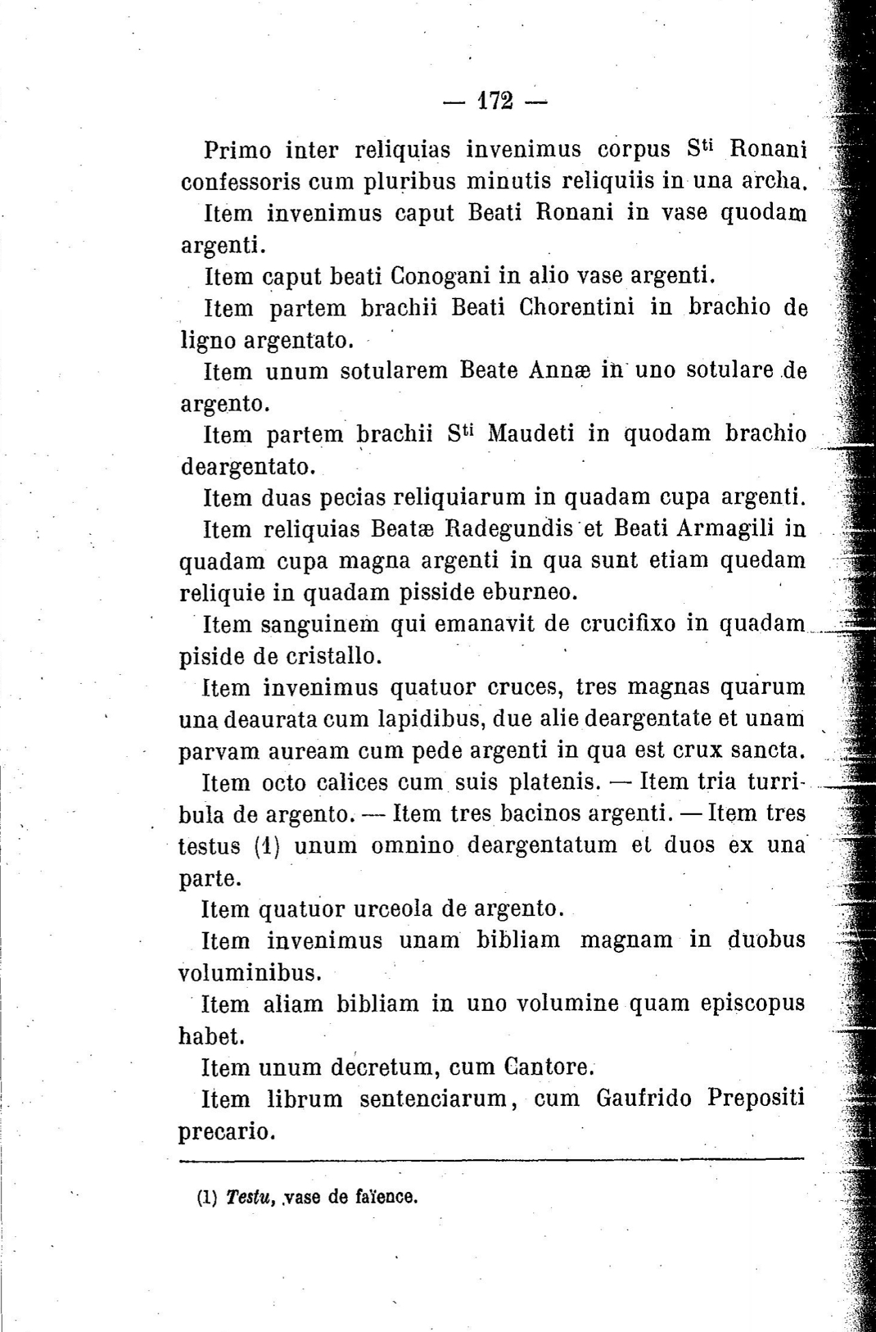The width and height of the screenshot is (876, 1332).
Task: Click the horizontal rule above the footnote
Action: (x=492, y=1158)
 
